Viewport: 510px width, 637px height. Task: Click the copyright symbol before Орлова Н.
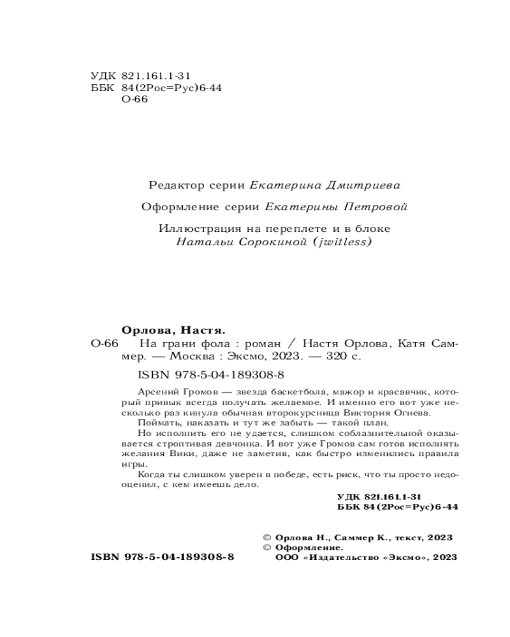267,538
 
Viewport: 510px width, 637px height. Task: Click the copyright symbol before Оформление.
267,548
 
